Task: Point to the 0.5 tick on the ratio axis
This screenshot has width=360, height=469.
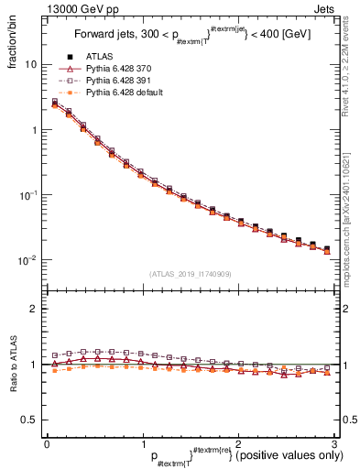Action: (x=27, y=420)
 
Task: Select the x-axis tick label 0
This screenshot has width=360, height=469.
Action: (x=47, y=442)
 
